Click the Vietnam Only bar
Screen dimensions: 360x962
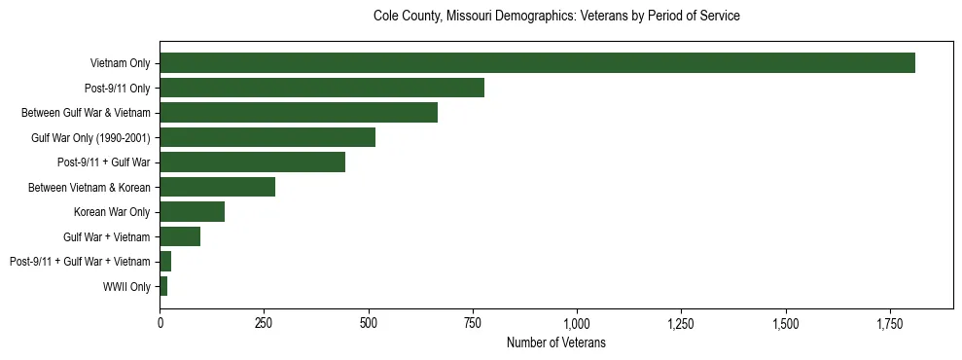(x=537, y=63)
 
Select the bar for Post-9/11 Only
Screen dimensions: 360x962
(x=322, y=88)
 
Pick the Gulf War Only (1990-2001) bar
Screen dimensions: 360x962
(x=267, y=137)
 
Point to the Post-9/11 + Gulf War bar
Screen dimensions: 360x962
(x=252, y=162)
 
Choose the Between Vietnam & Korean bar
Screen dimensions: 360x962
(x=217, y=187)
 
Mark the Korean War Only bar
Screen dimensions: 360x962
(x=192, y=212)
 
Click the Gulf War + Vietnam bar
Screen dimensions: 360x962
(x=180, y=236)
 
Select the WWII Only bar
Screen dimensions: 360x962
(x=163, y=286)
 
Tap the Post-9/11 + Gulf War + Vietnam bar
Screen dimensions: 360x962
(x=165, y=262)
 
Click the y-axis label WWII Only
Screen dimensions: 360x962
(x=126, y=286)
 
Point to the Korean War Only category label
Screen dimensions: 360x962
(x=112, y=212)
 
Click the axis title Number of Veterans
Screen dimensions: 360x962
(x=556, y=342)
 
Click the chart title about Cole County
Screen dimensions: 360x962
(x=556, y=17)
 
